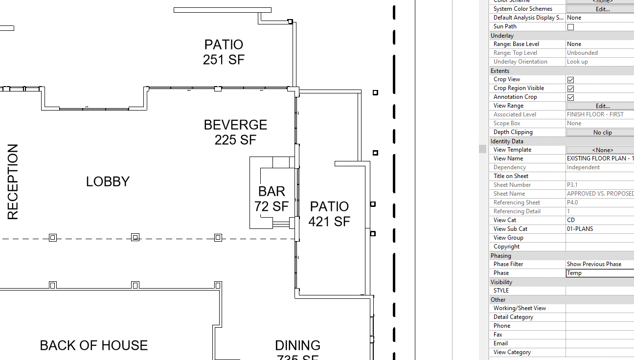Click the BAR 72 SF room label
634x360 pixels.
(272, 199)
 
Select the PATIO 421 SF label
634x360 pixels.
(329, 214)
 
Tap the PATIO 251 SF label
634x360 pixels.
(224, 52)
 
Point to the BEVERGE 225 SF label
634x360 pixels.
(235, 132)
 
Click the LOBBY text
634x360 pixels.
(108, 181)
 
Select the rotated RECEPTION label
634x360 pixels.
(13, 181)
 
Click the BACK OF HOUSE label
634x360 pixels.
(93, 345)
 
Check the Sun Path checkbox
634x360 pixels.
(570, 27)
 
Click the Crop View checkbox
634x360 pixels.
(570, 80)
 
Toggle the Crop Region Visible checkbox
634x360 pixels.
(570, 89)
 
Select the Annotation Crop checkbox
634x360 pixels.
(570, 97)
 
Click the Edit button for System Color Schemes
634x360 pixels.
(602, 9)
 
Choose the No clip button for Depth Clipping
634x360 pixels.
(602, 132)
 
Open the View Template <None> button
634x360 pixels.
(602, 150)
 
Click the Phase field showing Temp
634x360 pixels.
(599, 273)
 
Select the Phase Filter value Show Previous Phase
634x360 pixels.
(599, 264)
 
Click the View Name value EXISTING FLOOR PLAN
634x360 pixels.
(599, 158)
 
